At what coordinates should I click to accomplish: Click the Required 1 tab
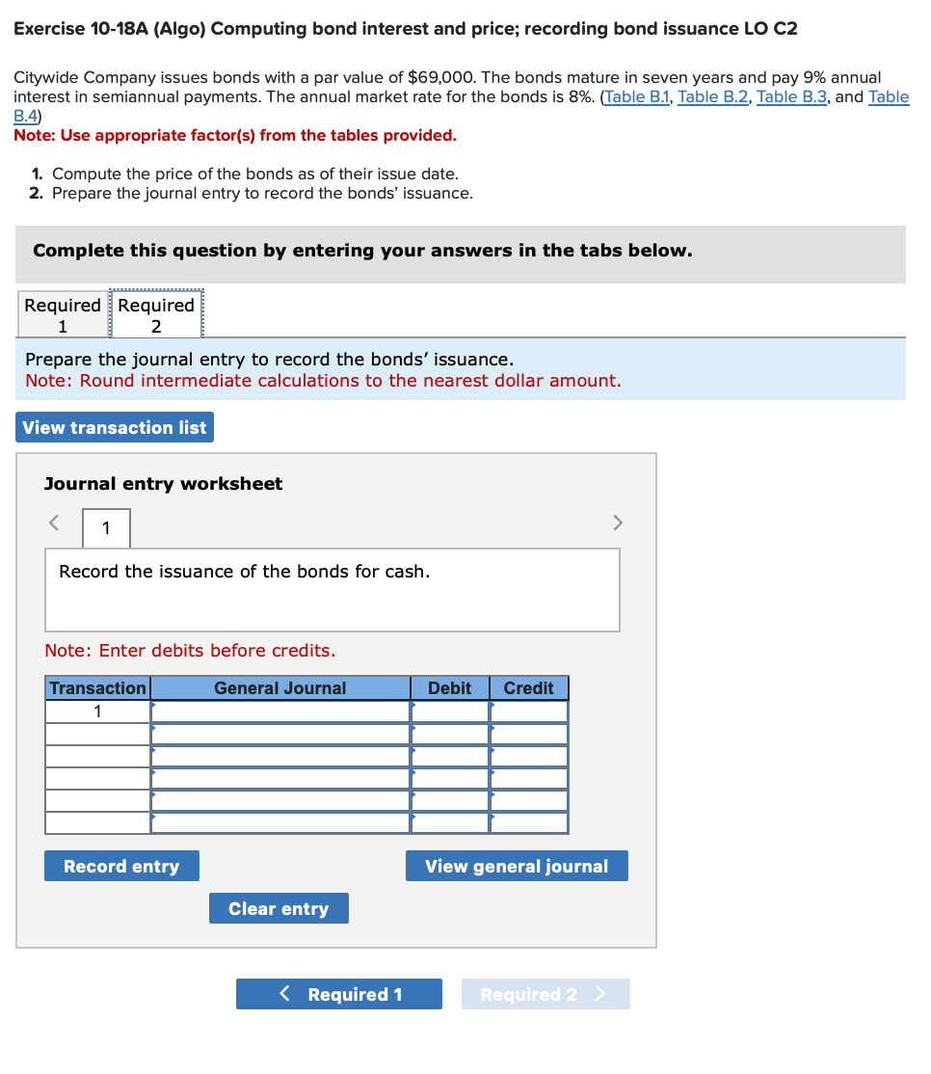pyautogui.click(x=63, y=315)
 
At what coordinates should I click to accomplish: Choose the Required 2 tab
pyautogui.click(x=156, y=315)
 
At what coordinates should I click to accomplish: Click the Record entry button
pyautogui.click(x=121, y=866)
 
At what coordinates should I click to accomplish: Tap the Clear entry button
pyautogui.click(x=279, y=908)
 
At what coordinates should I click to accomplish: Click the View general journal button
pyautogui.click(x=517, y=866)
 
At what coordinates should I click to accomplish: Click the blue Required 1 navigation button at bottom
pyautogui.click(x=339, y=994)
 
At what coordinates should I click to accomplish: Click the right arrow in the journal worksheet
pyautogui.click(x=618, y=523)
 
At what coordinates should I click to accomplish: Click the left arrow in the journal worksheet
pyautogui.click(x=55, y=523)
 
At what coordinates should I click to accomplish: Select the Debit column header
pyautogui.click(x=449, y=688)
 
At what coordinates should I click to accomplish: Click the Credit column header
pyautogui.click(x=528, y=688)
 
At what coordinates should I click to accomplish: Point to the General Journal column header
pyautogui.click(x=279, y=688)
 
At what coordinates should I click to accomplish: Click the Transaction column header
pyautogui.click(x=97, y=688)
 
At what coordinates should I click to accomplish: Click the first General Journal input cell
pyautogui.click(x=280, y=712)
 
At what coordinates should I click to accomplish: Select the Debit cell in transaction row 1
pyautogui.click(x=450, y=712)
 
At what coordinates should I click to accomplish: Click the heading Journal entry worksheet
pyautogui.click(x=164, y=484)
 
